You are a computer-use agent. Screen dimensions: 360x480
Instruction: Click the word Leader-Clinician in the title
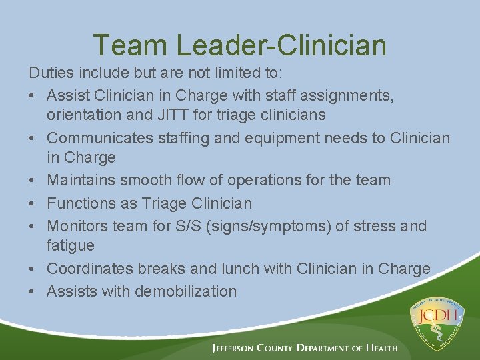(281, 45)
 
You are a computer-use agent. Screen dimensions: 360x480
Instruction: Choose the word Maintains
(80, 180)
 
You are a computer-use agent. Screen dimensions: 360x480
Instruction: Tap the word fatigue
(71, 245)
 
